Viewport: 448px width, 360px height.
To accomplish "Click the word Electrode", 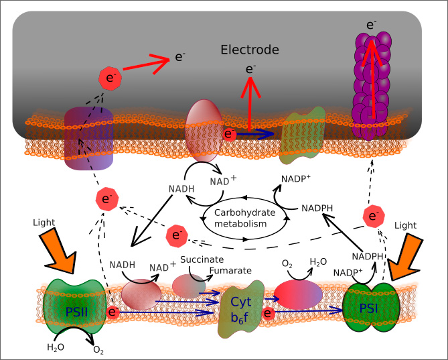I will click(x=250, y=50).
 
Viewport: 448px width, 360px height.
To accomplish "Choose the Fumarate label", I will click(x=230, y=271).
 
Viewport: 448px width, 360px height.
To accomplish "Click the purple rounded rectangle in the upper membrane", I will click(x=88, y=137).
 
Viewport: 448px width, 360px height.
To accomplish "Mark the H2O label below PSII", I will click(x=55, y=347).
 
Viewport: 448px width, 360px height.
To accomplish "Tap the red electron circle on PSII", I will click(x=114, y=312).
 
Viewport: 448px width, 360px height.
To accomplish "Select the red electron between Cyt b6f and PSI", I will click(x=269, y=312).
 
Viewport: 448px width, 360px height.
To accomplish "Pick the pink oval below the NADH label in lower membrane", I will click(x=141, y=294).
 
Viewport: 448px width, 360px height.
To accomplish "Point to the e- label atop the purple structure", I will click(x=371, y=25).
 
